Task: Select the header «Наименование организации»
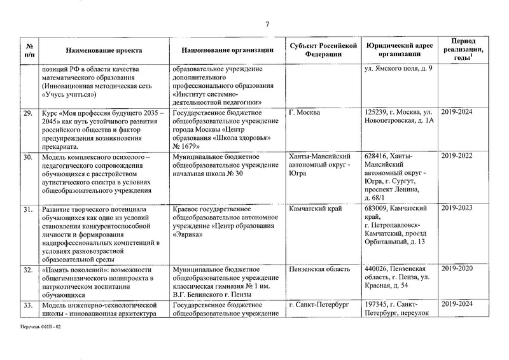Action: click(227, 50)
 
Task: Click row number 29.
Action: click(28, 113)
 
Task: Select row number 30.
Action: click(28, 156)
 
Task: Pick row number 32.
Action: click(28, 270)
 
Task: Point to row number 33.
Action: click(28, 305)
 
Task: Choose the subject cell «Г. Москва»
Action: click(305, 113)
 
